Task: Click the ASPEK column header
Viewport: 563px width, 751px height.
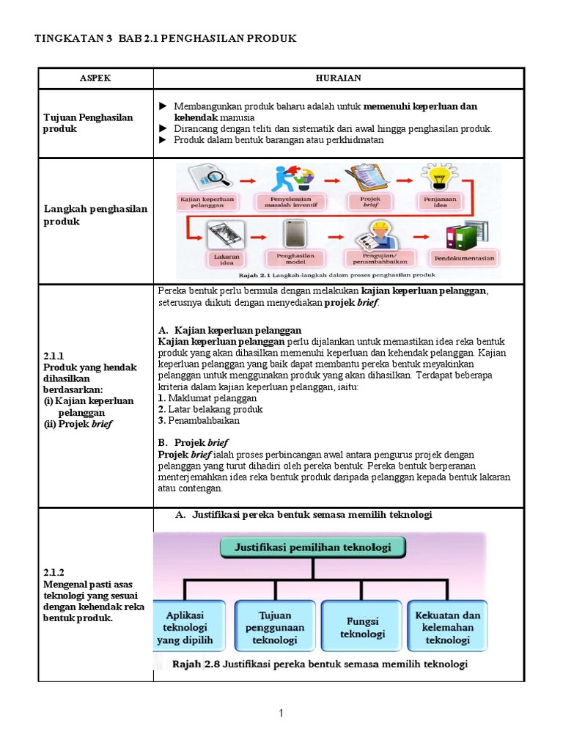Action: [x=95, y=78]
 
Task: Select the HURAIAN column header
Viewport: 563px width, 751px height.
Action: [x=339, y=78]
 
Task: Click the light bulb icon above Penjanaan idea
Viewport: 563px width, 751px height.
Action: [x=438, y=177]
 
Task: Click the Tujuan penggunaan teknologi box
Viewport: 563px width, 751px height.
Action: [x=275, y=627]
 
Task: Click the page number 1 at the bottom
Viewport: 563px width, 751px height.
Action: [x=281, y=714]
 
